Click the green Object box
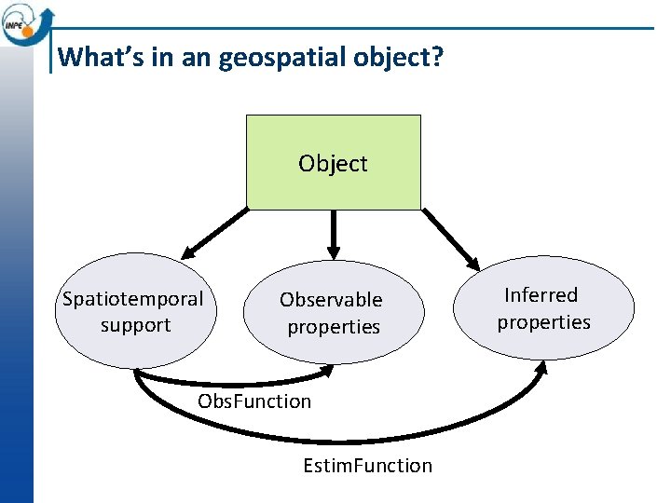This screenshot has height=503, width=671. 333,161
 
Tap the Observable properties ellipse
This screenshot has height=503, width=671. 333,313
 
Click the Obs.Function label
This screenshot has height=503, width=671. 254,401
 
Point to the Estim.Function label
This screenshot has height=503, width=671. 367,465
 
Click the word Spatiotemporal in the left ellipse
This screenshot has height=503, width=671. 132,299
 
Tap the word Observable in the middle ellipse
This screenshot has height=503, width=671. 331,300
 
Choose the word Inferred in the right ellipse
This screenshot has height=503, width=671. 541,295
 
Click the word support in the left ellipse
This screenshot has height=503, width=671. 135,325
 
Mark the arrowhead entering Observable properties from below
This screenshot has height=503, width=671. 329,371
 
